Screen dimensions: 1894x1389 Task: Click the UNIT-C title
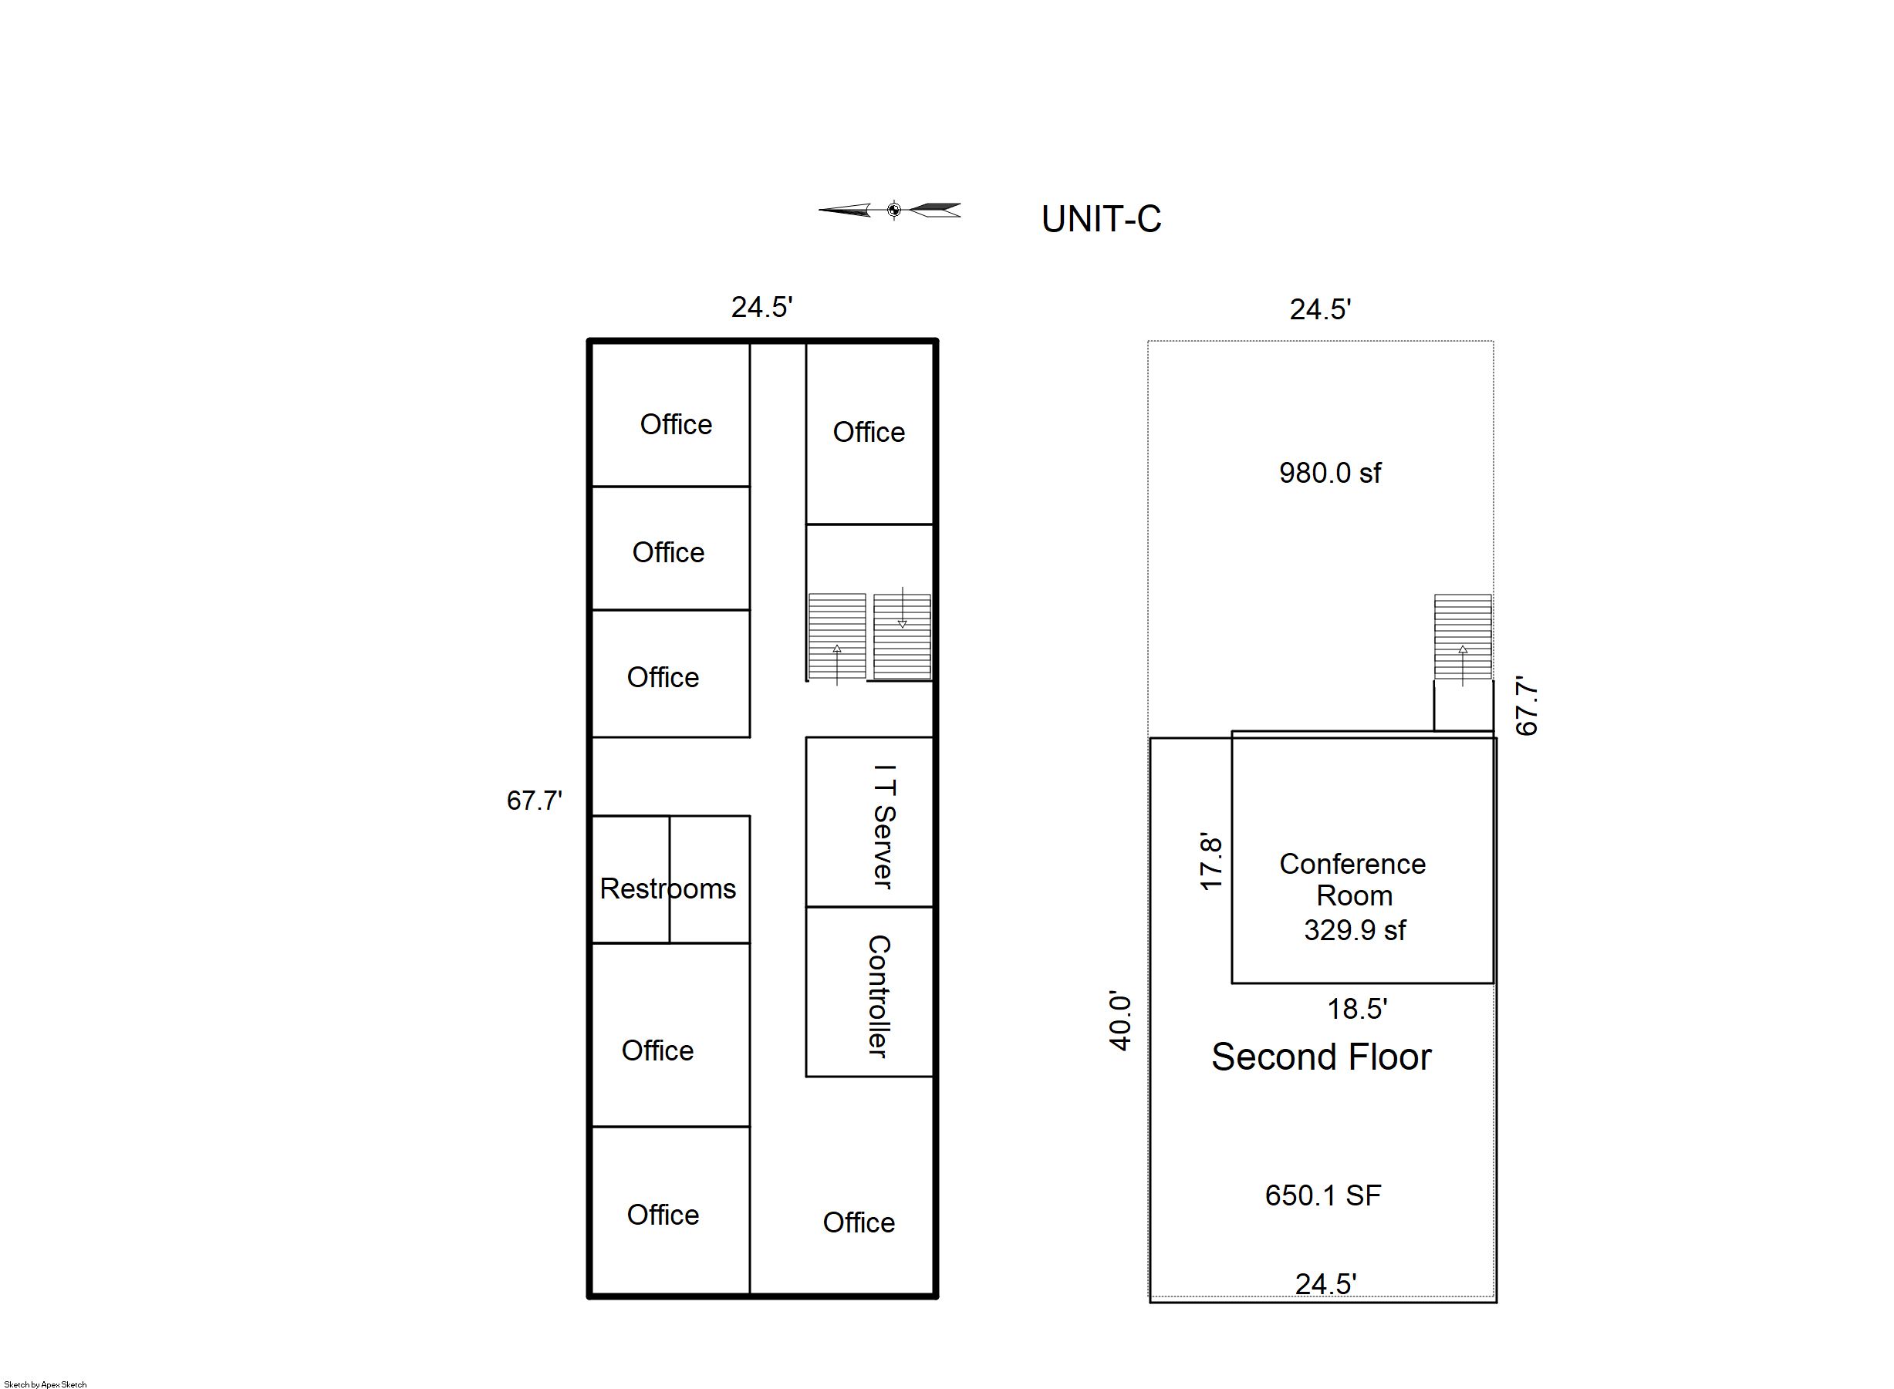click(1101, 220)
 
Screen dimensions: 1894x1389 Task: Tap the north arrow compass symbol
click(890, 211)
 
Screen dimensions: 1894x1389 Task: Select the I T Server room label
click(884, 826)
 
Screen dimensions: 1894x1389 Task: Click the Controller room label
click(878, 996)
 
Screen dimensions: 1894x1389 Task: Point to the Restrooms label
click(668, 888)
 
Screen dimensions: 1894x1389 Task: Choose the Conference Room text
click(1353, 879)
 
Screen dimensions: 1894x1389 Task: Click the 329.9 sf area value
click(1355, 930)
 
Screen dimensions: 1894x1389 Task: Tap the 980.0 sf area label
click(1330, 473)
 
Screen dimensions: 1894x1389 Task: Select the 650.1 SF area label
click(1323, 1195)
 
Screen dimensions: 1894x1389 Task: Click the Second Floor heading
click(1322, 1057)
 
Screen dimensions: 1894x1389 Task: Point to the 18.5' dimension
click(1356, 1008)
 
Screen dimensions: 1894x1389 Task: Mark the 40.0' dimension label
click(1120, 1022)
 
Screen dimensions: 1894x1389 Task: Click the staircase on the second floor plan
click(1463, 636)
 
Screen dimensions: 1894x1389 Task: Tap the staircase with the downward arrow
click(902, 636)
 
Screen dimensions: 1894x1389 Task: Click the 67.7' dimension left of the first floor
click(534, 800)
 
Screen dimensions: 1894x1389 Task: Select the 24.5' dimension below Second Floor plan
click(1325, 1283)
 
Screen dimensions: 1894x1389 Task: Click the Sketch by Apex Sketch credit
click(46, 1384)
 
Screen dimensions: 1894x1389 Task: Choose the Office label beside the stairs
click(869, 432)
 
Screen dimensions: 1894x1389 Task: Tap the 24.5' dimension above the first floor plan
click(762, 307)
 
